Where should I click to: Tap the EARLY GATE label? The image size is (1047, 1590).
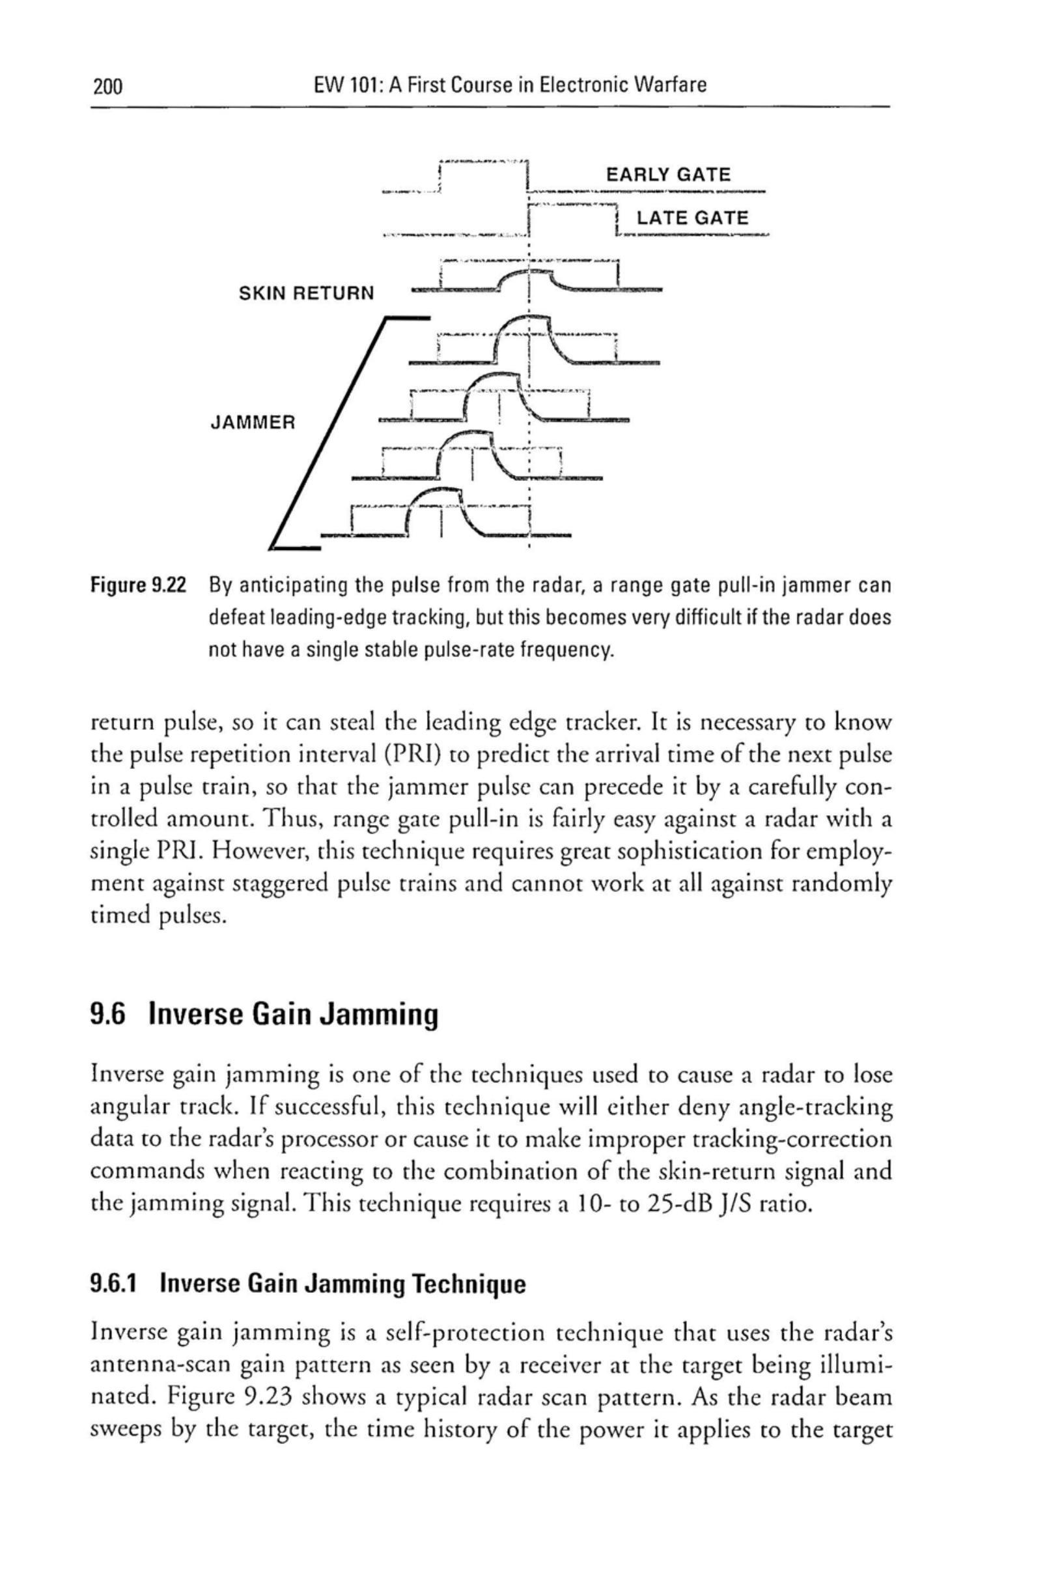click(x=667, y=175)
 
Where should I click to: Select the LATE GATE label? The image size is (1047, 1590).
click(x=692, y=218)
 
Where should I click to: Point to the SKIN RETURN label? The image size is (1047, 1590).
click(x=307, y=293)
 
